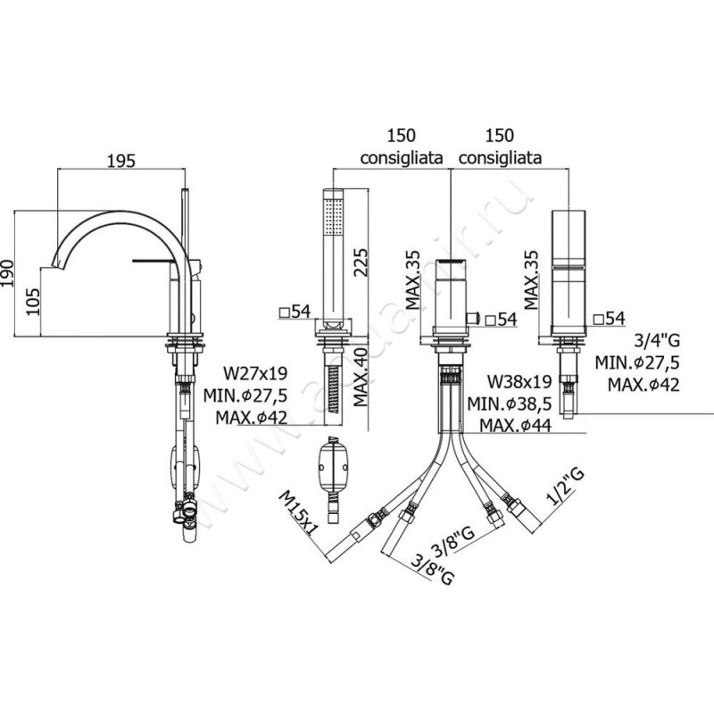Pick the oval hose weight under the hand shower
pyautogui.click(x=334, y=465)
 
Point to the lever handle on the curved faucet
pyautogui.click(x=157, y=261)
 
